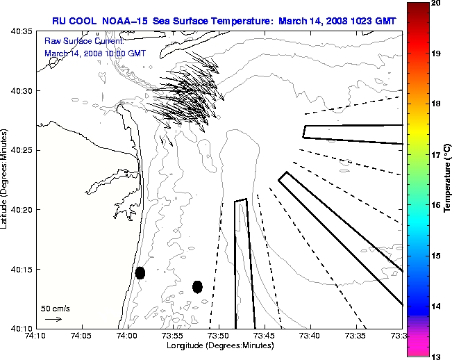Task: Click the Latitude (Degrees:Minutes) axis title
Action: (x=6, y=179)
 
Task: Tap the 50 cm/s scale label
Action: (x=56, y=308)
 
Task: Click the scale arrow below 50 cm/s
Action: (x=53, y=319)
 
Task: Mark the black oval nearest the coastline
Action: (x=140, y=272)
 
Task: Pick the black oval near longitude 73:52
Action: (x=197, y=286)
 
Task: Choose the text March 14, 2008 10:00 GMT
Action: (x=95, y=53)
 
